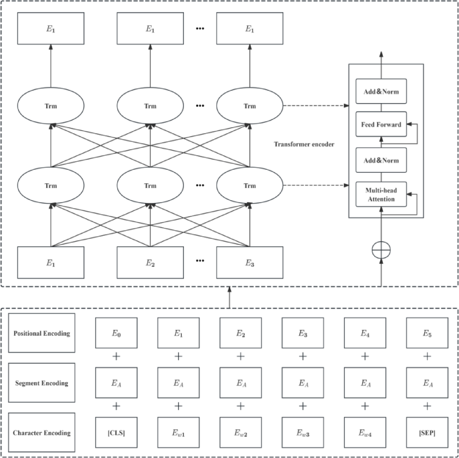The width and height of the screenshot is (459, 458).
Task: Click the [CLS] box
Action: pos(116,433)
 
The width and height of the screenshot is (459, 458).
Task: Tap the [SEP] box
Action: pos(427,433)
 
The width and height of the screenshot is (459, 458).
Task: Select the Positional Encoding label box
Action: pos(42,333)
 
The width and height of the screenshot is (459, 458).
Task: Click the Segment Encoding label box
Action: pos(42,383)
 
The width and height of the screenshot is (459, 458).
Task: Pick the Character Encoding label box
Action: pos(42,433)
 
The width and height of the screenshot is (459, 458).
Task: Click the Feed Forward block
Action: pos(381,124)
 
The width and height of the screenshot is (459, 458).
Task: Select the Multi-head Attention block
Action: pos(381,195)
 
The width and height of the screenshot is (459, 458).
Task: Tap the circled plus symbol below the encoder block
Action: pos(381,250)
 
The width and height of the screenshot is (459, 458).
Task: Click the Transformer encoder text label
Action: pos(304,144)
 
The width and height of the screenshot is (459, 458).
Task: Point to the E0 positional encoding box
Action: pos(116,333)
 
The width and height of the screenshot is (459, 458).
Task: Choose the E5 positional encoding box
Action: pos(427,333)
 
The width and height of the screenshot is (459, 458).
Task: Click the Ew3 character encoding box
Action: pos(303,433)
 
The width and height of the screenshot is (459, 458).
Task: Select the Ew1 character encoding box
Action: pos(178,433)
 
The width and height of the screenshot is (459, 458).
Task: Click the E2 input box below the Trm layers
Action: pos(150,263)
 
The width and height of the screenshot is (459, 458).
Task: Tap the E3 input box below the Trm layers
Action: pos(250,263)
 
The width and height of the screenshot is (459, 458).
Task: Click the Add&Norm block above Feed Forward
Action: pos(381,91)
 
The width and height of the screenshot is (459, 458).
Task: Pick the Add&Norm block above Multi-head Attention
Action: pos(381,160)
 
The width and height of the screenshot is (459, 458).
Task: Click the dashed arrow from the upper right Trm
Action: pos(315,106)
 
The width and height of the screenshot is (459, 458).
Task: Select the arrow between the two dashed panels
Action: pos(230,297)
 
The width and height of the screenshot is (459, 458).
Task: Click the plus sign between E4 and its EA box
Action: pos(365,356)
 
